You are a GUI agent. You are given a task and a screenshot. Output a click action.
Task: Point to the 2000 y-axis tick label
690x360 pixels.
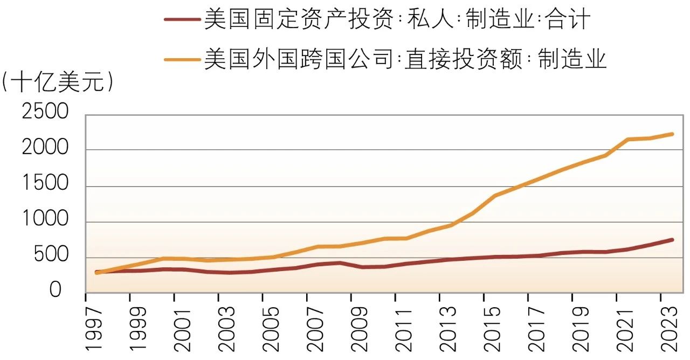click(x=45, y=149)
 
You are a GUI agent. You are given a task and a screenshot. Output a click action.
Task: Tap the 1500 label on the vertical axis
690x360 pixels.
click(x=45, y=185)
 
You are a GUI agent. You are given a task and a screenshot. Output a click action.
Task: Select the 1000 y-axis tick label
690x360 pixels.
click(x=45, y=220)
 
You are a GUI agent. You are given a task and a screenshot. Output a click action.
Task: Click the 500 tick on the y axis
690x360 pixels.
click(x=52, y=256)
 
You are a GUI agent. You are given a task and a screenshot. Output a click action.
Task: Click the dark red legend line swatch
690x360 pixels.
click(x=182, y=20)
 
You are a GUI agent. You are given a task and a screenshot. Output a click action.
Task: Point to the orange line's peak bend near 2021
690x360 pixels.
click(x=628, y=139)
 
